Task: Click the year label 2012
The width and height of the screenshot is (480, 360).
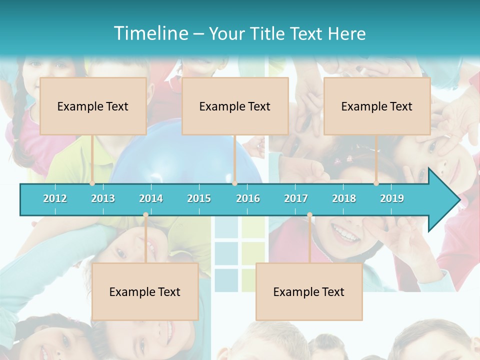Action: pyautogui.click(x=55, y=198)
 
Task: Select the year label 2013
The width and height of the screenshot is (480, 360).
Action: pyautogui.click(x=103, y=198)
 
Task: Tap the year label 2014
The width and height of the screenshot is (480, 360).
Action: pyautogui.click(x=151, y=198)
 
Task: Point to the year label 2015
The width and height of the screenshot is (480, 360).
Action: pyautogui.click(x=199, y=198)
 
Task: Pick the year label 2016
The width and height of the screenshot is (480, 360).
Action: pyautogui.click(x=248, y=198)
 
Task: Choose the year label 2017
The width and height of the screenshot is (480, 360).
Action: pyautogui.click(x=296, y=198)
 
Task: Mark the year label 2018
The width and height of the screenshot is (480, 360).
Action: pyautogui.click(x=344, y=198)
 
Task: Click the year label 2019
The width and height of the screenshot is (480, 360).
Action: pyautogui.click(x=392, y=198)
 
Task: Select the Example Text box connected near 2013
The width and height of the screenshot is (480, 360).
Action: pyautogui.click(x=93, y=106)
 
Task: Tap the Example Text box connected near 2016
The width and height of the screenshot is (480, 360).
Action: pyautogui.click(x=235, y=106)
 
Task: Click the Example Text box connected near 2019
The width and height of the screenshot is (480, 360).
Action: pyautogui.click(x=377, y=106)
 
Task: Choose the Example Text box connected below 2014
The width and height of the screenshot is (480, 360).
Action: pyautogui.click(x=145, y=291)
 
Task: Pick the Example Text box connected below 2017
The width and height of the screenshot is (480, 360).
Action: pyautogui.click(x=309, y=291)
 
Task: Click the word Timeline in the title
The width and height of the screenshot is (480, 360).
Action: pyautogui.click(x=150, y=33)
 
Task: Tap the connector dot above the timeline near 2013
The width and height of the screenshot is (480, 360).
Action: pyautogui.click(x=92, y=183)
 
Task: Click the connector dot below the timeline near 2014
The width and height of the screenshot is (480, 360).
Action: pyautogui.click(x=145, y=215)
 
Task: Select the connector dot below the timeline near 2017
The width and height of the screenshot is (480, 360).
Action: pyautogui.click(x=309, y=215)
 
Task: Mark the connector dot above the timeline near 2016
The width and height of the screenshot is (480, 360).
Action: pyautogui.click(x=234, y=183)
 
